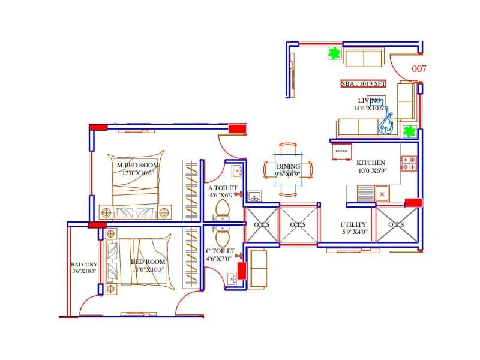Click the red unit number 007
point(419,69)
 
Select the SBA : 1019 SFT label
point(363,84)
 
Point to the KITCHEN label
point(371,163)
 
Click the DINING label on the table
point(288,166)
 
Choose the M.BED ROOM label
point(137,165)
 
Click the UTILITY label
point(353,224)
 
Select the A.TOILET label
point(223,188)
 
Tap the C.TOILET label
point(220,251)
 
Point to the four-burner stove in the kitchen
point(409,163)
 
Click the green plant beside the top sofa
point(334,54)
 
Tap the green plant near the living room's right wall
point(409,131)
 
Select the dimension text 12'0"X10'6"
point(138,173)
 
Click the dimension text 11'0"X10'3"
point(148,270)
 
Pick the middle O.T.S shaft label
point(298,224)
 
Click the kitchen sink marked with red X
point(381,194)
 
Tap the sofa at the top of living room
point(364,58)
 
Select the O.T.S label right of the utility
point(396,224)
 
